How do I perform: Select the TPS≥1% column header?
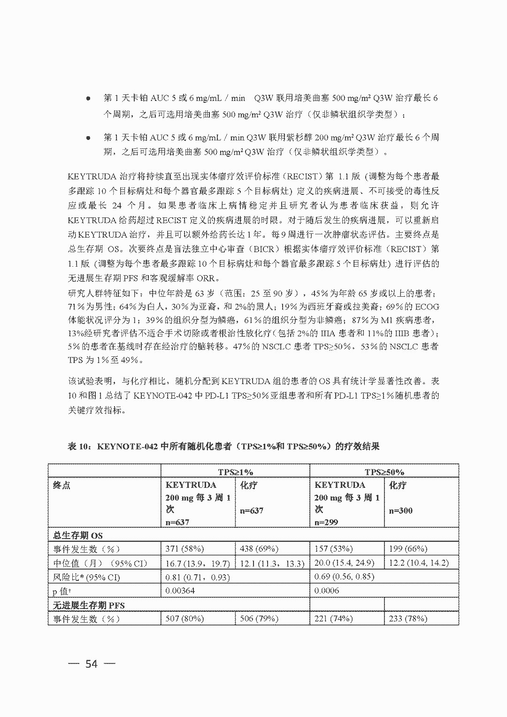point(235,472)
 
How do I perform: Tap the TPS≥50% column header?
point(384,472)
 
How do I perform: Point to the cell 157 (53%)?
point(334,548)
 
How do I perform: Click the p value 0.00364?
point(180,590)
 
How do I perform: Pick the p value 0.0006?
point(326,590)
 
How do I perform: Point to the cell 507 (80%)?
point(184,619)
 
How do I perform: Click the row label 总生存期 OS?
point(78,535)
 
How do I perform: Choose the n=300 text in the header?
point(400,510)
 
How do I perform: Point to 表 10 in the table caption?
point(78,447)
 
